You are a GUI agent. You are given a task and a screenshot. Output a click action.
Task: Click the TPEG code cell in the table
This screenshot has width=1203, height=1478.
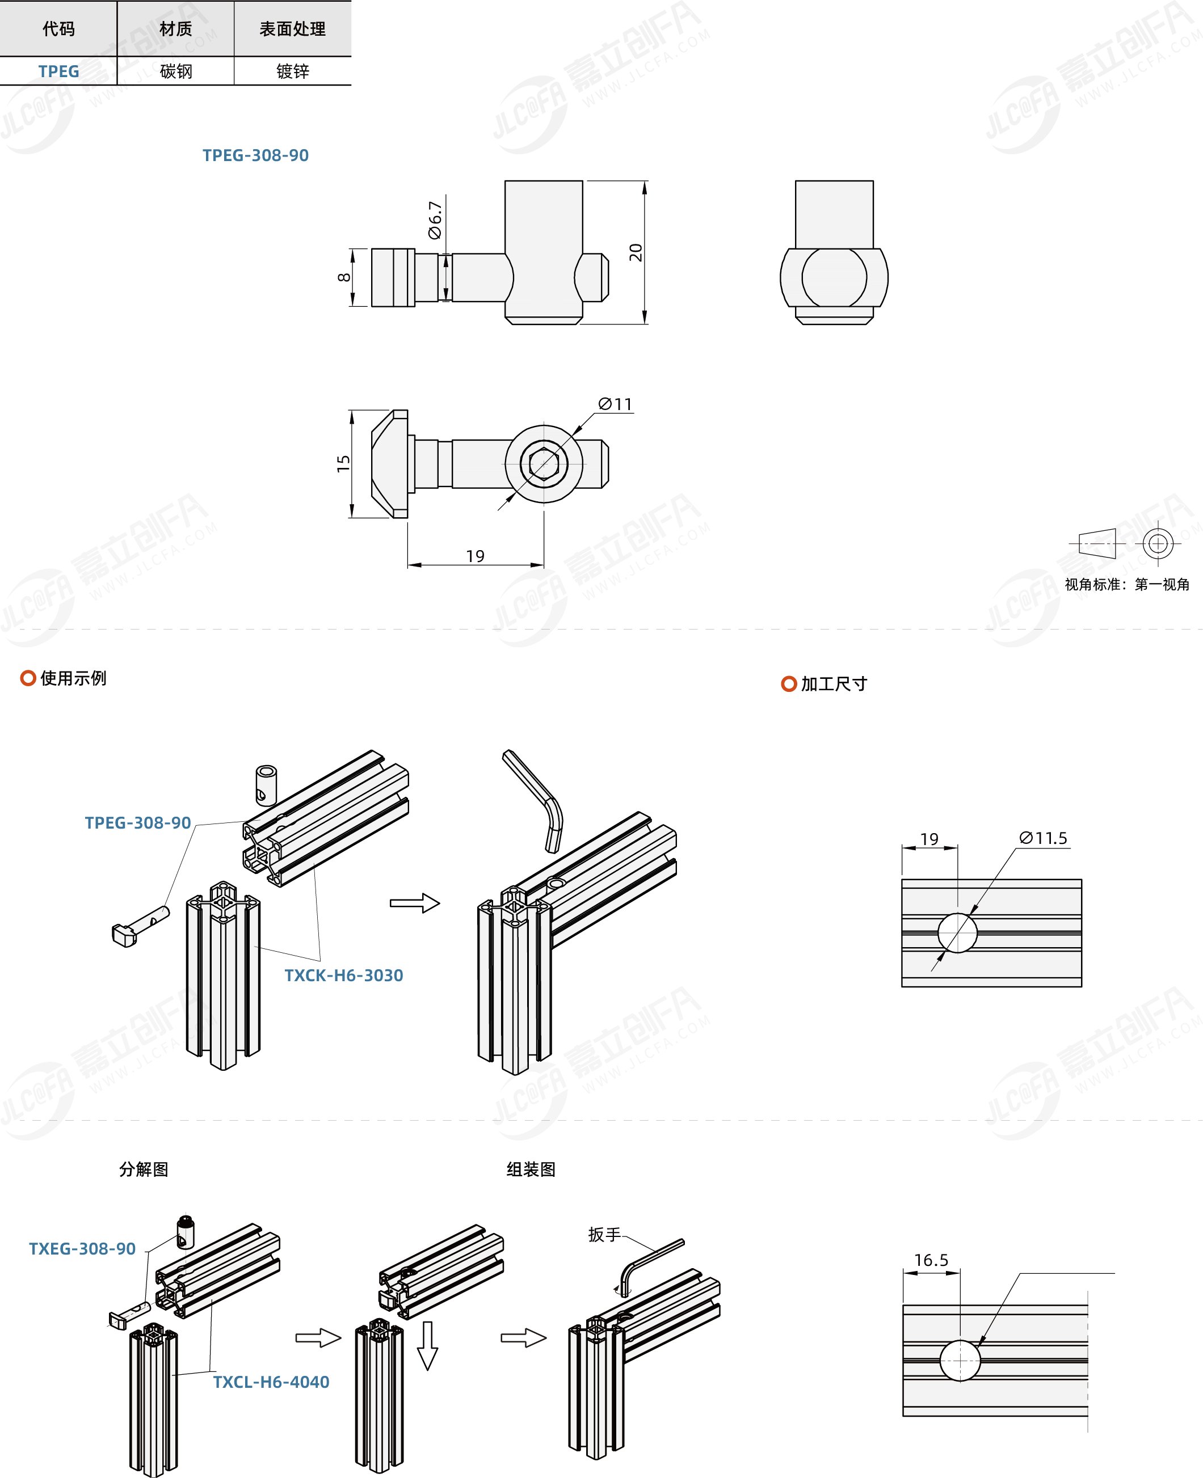pos(59,71)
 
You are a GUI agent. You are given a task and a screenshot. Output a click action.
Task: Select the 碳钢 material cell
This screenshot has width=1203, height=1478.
pos(176,71)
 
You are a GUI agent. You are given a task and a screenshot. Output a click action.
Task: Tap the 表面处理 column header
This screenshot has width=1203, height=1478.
pos(292,29)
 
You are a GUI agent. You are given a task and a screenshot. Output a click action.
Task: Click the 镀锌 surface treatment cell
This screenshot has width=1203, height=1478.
pos(292,71)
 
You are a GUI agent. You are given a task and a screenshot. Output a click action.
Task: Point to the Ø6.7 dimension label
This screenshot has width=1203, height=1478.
pos(435,220)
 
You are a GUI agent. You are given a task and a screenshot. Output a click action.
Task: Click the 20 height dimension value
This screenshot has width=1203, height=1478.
pos(636,252)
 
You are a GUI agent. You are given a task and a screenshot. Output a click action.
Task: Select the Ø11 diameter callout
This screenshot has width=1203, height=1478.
pos(615,404)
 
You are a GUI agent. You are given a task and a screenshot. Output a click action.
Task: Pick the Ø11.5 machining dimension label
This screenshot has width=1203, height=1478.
pos(1043,838)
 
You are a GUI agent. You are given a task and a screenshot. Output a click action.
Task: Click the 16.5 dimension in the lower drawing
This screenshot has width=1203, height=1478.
pos(931,1260)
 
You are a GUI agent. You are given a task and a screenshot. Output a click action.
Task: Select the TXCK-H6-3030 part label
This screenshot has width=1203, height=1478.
pos(344,975)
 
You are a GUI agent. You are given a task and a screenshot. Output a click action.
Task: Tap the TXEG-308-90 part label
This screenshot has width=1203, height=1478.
pos(82,1249)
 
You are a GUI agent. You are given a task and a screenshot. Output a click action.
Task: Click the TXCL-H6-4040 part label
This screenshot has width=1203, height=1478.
pos(271,1382)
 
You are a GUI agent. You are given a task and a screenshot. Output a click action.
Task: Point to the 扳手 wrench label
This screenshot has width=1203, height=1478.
pos(604,1235)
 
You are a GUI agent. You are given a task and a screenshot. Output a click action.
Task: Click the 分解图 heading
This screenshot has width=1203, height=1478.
pos(144,1169)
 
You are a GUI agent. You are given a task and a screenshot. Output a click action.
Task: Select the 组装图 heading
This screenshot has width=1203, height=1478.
pos(531,1169)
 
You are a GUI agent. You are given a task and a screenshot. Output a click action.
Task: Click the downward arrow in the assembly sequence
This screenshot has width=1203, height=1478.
pos(427,1346)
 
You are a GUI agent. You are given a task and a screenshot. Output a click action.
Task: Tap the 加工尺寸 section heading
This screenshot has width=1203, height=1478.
pos(834,683)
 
